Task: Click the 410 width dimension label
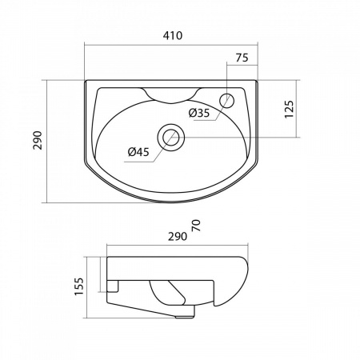point(173,35)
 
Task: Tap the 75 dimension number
point(242,58)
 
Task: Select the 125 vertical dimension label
point(289,109)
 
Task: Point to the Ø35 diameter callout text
point(199,114)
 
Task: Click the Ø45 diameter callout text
point(138,152)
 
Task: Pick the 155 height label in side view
point(79,286)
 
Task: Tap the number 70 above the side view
point(196,226)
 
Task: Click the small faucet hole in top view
point(227,101)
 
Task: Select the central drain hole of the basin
point(171,138)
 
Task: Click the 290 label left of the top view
point(38,140)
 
